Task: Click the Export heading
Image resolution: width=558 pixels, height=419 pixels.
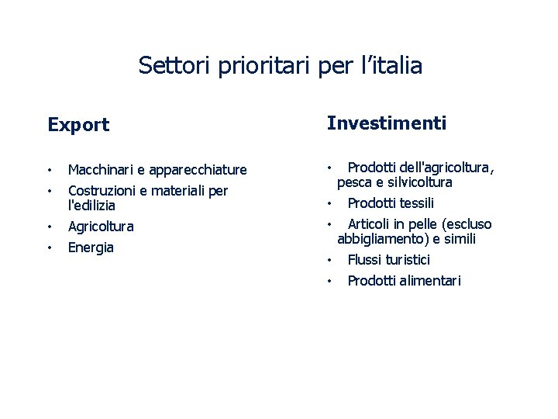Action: [x=78, y=125]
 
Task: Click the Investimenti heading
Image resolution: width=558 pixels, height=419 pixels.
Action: [x=387, y=123]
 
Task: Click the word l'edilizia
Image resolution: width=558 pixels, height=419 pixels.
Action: [x=91, y=206]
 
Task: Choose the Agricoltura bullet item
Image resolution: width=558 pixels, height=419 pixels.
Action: [x=101, y=227]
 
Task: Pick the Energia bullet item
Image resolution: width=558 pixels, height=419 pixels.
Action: [x=91, y=248]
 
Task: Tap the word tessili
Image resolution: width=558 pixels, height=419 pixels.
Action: [x=416, y=203]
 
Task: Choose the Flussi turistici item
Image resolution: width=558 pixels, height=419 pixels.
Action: [x=388, y=260]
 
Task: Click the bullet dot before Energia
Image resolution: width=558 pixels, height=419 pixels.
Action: [x=50, y=248]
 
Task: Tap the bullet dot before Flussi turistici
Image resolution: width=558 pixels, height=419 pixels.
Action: [x=329, y=260]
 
